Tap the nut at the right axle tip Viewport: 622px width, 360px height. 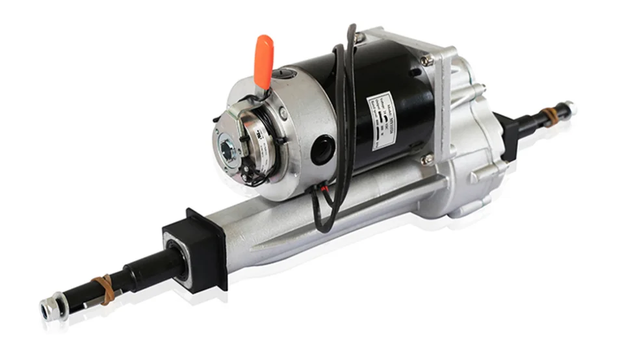pos(570,105)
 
